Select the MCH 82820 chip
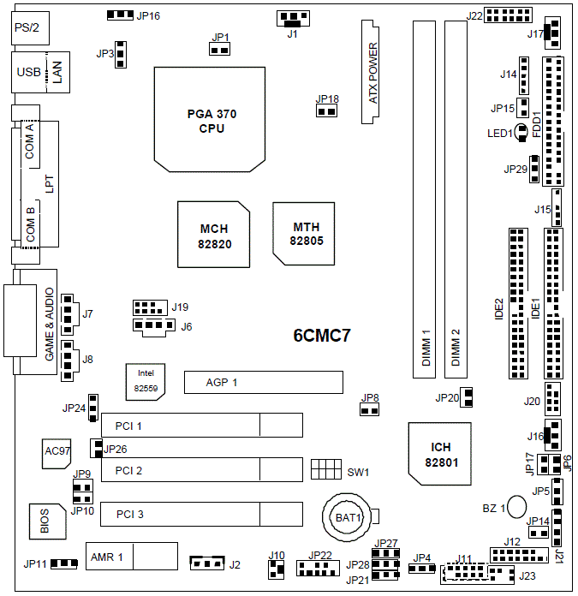pos(215,236)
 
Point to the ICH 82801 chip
pos(440,454)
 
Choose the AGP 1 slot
pos(263,382)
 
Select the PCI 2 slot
pos(201,470)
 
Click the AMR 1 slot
pos(131,557)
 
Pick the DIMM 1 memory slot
pos(426,199)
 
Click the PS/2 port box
pos(25,30)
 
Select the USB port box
pos(27,74)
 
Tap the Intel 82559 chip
pos(147,379)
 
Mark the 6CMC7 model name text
pos(322,336)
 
